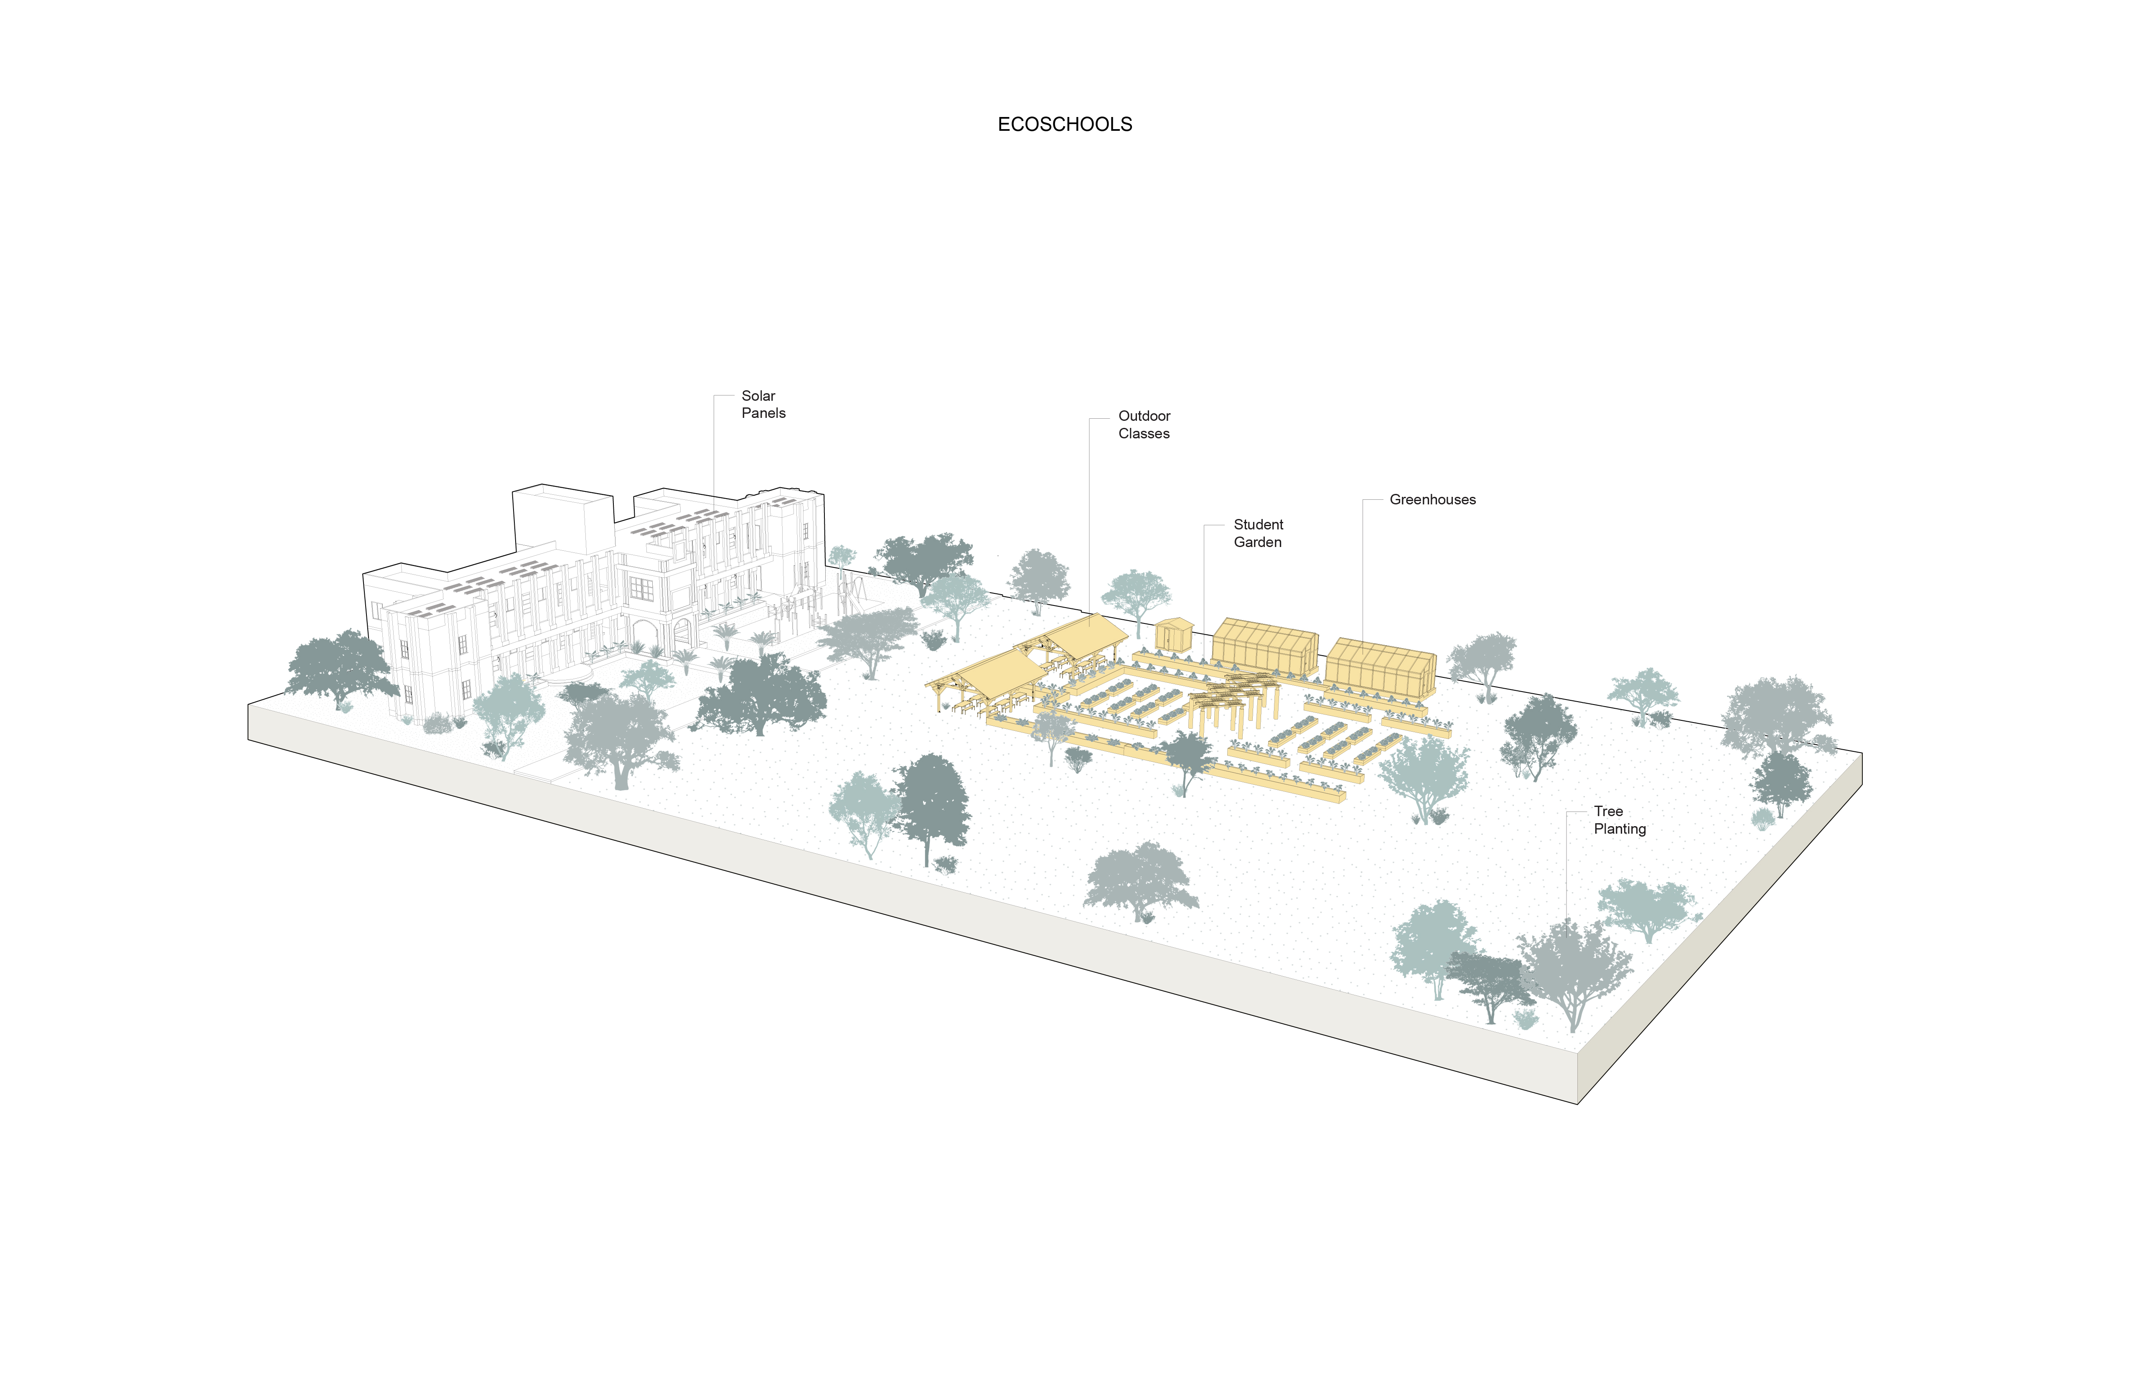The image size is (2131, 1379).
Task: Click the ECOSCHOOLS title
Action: [1065, 125]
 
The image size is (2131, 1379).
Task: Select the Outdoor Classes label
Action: [1143, 425]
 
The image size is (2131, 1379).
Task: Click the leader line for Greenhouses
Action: [1363, 573]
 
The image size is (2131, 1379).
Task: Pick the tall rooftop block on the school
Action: [562, 519]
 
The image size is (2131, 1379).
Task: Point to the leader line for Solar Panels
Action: [714, 448]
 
